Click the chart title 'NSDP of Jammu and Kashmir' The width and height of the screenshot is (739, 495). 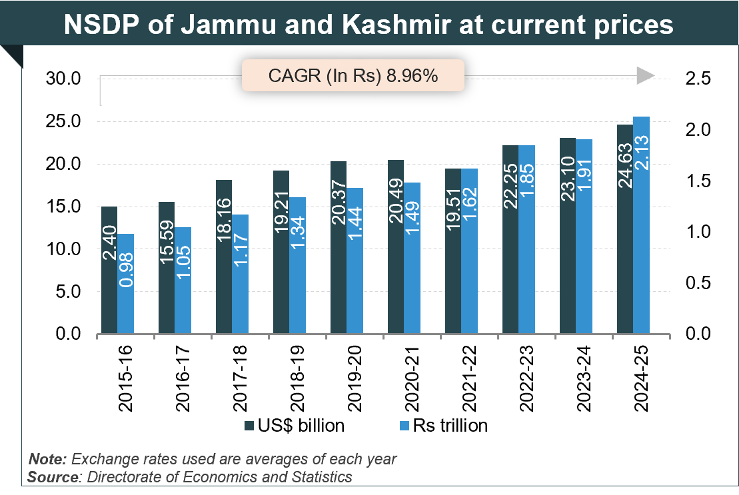(x=369, y=25)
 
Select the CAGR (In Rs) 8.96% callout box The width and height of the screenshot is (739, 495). (x=353, y=75)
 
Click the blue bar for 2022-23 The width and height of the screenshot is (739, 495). (x=526, y=239)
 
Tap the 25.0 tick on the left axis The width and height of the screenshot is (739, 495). (x=63, y=122)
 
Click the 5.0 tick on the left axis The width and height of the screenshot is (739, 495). (x=67, y=292)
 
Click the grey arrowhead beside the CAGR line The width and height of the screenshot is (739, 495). (x=645, y=77)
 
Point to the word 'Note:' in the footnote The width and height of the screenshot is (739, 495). (x=47, y=460)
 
